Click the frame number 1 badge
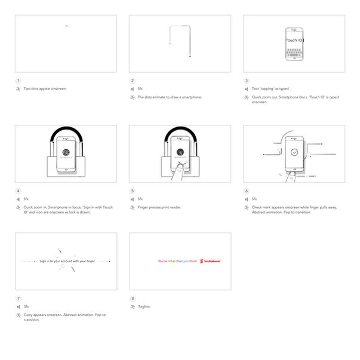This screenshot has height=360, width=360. (x=18, y=81)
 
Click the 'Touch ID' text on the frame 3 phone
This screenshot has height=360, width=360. (x=294, y=41)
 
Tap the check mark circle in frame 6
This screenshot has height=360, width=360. (x=294, y=152)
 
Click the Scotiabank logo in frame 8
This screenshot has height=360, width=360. (x=211, y=261)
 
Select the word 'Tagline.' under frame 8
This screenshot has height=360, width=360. (x=144, y=306)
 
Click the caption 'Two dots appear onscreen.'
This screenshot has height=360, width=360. (x=45, y=88)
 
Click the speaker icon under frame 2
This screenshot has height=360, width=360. (x=132, y=88)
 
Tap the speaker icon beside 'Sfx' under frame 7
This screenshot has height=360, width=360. (x=18, y=306)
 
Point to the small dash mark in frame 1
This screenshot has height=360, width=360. (x=66, y=26)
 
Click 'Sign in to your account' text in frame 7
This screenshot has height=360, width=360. (x=67, y=261)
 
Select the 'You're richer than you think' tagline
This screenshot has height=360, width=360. (x=178, y=261)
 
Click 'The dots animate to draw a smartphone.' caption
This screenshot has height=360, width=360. (x=170, y=97)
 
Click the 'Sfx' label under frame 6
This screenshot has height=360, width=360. (x=254, y=199)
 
